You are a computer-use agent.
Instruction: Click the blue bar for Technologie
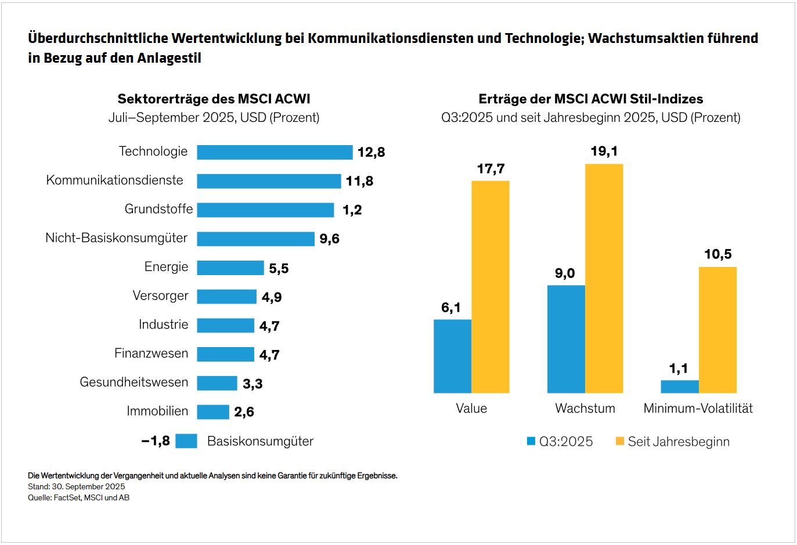point(275,152)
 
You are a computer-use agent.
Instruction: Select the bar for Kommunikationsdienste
point(269,181)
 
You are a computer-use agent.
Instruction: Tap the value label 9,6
point(329,239)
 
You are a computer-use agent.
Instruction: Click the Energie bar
point(230,268)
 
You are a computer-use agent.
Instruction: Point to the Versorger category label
point(160,295)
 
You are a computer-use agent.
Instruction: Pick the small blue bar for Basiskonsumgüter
point(186,441)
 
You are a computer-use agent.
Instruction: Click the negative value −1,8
point(156,441)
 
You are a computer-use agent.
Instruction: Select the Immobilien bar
point(213,412)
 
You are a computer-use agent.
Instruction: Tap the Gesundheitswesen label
point(134,382)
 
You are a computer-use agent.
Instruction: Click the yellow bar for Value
point(491,287)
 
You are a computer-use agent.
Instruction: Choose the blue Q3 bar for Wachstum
point(566,339)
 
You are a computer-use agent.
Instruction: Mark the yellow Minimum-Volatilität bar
point(717,330)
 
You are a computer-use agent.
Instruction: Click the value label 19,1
point(604,151)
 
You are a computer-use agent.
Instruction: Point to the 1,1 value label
point(678,369)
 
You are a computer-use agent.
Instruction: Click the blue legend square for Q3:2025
point(531,442)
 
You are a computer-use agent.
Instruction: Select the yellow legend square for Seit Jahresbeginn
point(619,442)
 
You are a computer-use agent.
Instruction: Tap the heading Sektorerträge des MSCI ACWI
point(214,99)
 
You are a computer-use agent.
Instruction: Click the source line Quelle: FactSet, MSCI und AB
point(78,498)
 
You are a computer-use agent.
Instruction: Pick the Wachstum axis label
point(585,409)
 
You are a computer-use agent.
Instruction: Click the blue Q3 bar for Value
point(452,356)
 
